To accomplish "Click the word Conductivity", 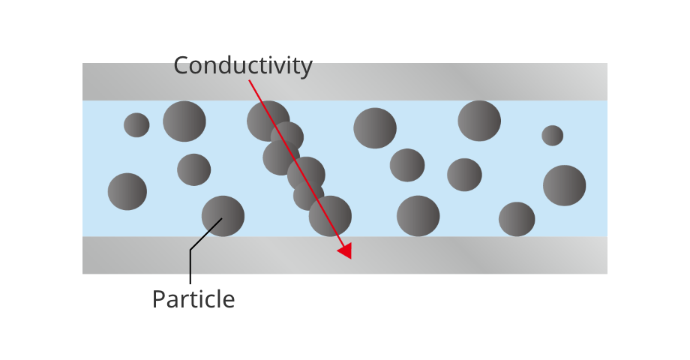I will (x=242, y=66).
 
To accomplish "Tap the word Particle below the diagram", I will (x=193, y=299).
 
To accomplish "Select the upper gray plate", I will (x=450, y=82).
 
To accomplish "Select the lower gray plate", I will (x=487, y=255).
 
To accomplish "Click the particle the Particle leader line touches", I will (x=223, y=216).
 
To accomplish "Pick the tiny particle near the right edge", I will (x=553, y=136).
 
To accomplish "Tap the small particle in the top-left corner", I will (x=136, y=124).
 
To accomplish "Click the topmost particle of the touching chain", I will (x=266, y=120).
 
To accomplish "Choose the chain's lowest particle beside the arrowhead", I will (x=330, y=216).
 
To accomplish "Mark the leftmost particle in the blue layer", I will (x=127, y=191).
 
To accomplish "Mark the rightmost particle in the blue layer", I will (x=564, y=185).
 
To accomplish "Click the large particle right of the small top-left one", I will (x=184, y=121).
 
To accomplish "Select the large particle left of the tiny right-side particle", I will (x=479, y=121).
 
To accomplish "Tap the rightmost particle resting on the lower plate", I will (x=517, y=219).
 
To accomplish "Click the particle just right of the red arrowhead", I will (x=418, y=216).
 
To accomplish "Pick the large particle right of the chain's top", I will (x=375, y=128).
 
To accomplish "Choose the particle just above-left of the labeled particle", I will (x=194, y=169).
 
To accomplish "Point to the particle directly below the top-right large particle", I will (x=464, y=175).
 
